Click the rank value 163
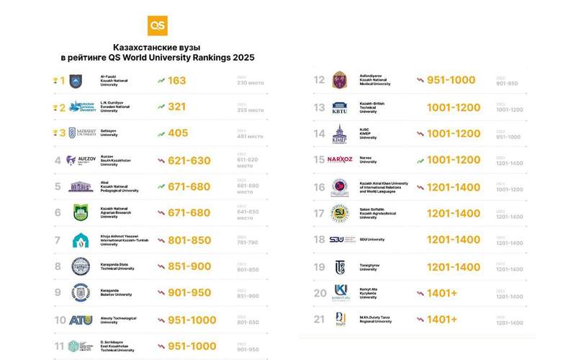[176, 81]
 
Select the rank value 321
[176, 107]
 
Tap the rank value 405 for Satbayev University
[177, 133]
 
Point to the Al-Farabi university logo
[76, 81]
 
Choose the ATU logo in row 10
[81, 320]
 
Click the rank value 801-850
[189, 240]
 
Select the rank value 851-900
[189, 266]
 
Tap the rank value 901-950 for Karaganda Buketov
[189, 293]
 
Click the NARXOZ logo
[340, 160]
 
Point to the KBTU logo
[339, 107]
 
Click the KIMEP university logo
[339, 133]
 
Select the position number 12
[320, 80]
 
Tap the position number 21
[320, 319]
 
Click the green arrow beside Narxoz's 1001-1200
[420, 160]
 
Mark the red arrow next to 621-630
[161, 160]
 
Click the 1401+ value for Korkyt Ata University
[442, 293]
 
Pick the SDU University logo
[339, 240]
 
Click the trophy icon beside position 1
[55, 81]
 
